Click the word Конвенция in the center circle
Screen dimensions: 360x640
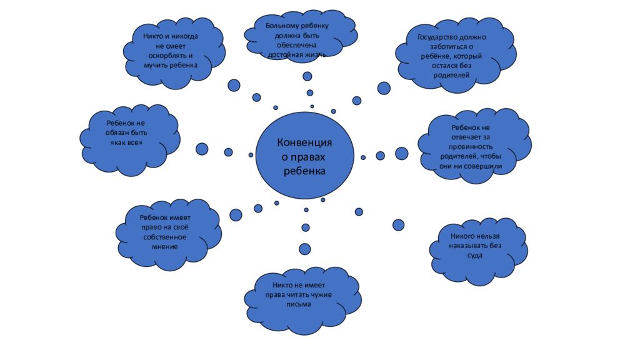click(304, 142)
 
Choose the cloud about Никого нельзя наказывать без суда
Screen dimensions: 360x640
click(478, 246)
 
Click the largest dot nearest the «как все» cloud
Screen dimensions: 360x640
click(202, 149)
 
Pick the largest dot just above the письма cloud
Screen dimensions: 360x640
click(305, 249)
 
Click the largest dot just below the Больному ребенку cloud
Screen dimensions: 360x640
click(307, 76)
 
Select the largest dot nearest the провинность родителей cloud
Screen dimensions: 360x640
click(402, 154)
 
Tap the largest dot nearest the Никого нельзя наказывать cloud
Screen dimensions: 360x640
click(398, 224)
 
